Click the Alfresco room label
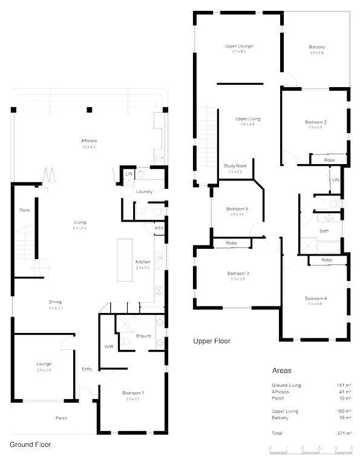[x=89, y=140]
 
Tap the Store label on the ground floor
[x=25, y=210]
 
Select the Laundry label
[x=144, y=192]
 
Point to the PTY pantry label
[x=159, y=228]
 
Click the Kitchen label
[x=143, y=262]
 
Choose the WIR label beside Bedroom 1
[x=109, y=346]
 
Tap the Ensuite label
[x=143, y=335]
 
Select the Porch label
[x=61, y=418]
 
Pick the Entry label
[x=87, y=369]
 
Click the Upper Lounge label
[x=238, y=46]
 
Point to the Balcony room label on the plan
[x=316, y=47]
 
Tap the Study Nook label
[x=235, y=165]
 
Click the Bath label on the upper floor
[x=324, y=231]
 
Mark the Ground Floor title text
[x=30, y=444]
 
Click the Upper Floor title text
[x=212, y=341]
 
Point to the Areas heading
[x=282, y=370]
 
